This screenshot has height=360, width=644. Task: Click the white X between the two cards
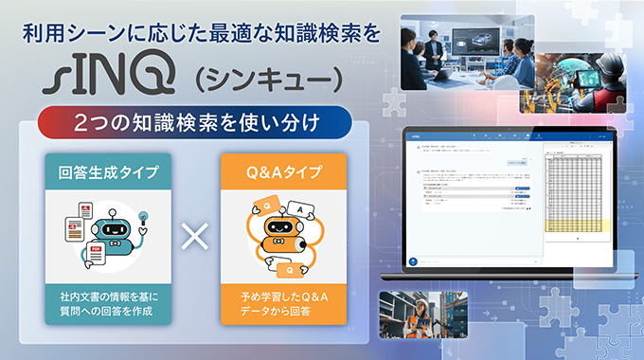[194, 237]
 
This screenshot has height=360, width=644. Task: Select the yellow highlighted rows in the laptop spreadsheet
[579, 225]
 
